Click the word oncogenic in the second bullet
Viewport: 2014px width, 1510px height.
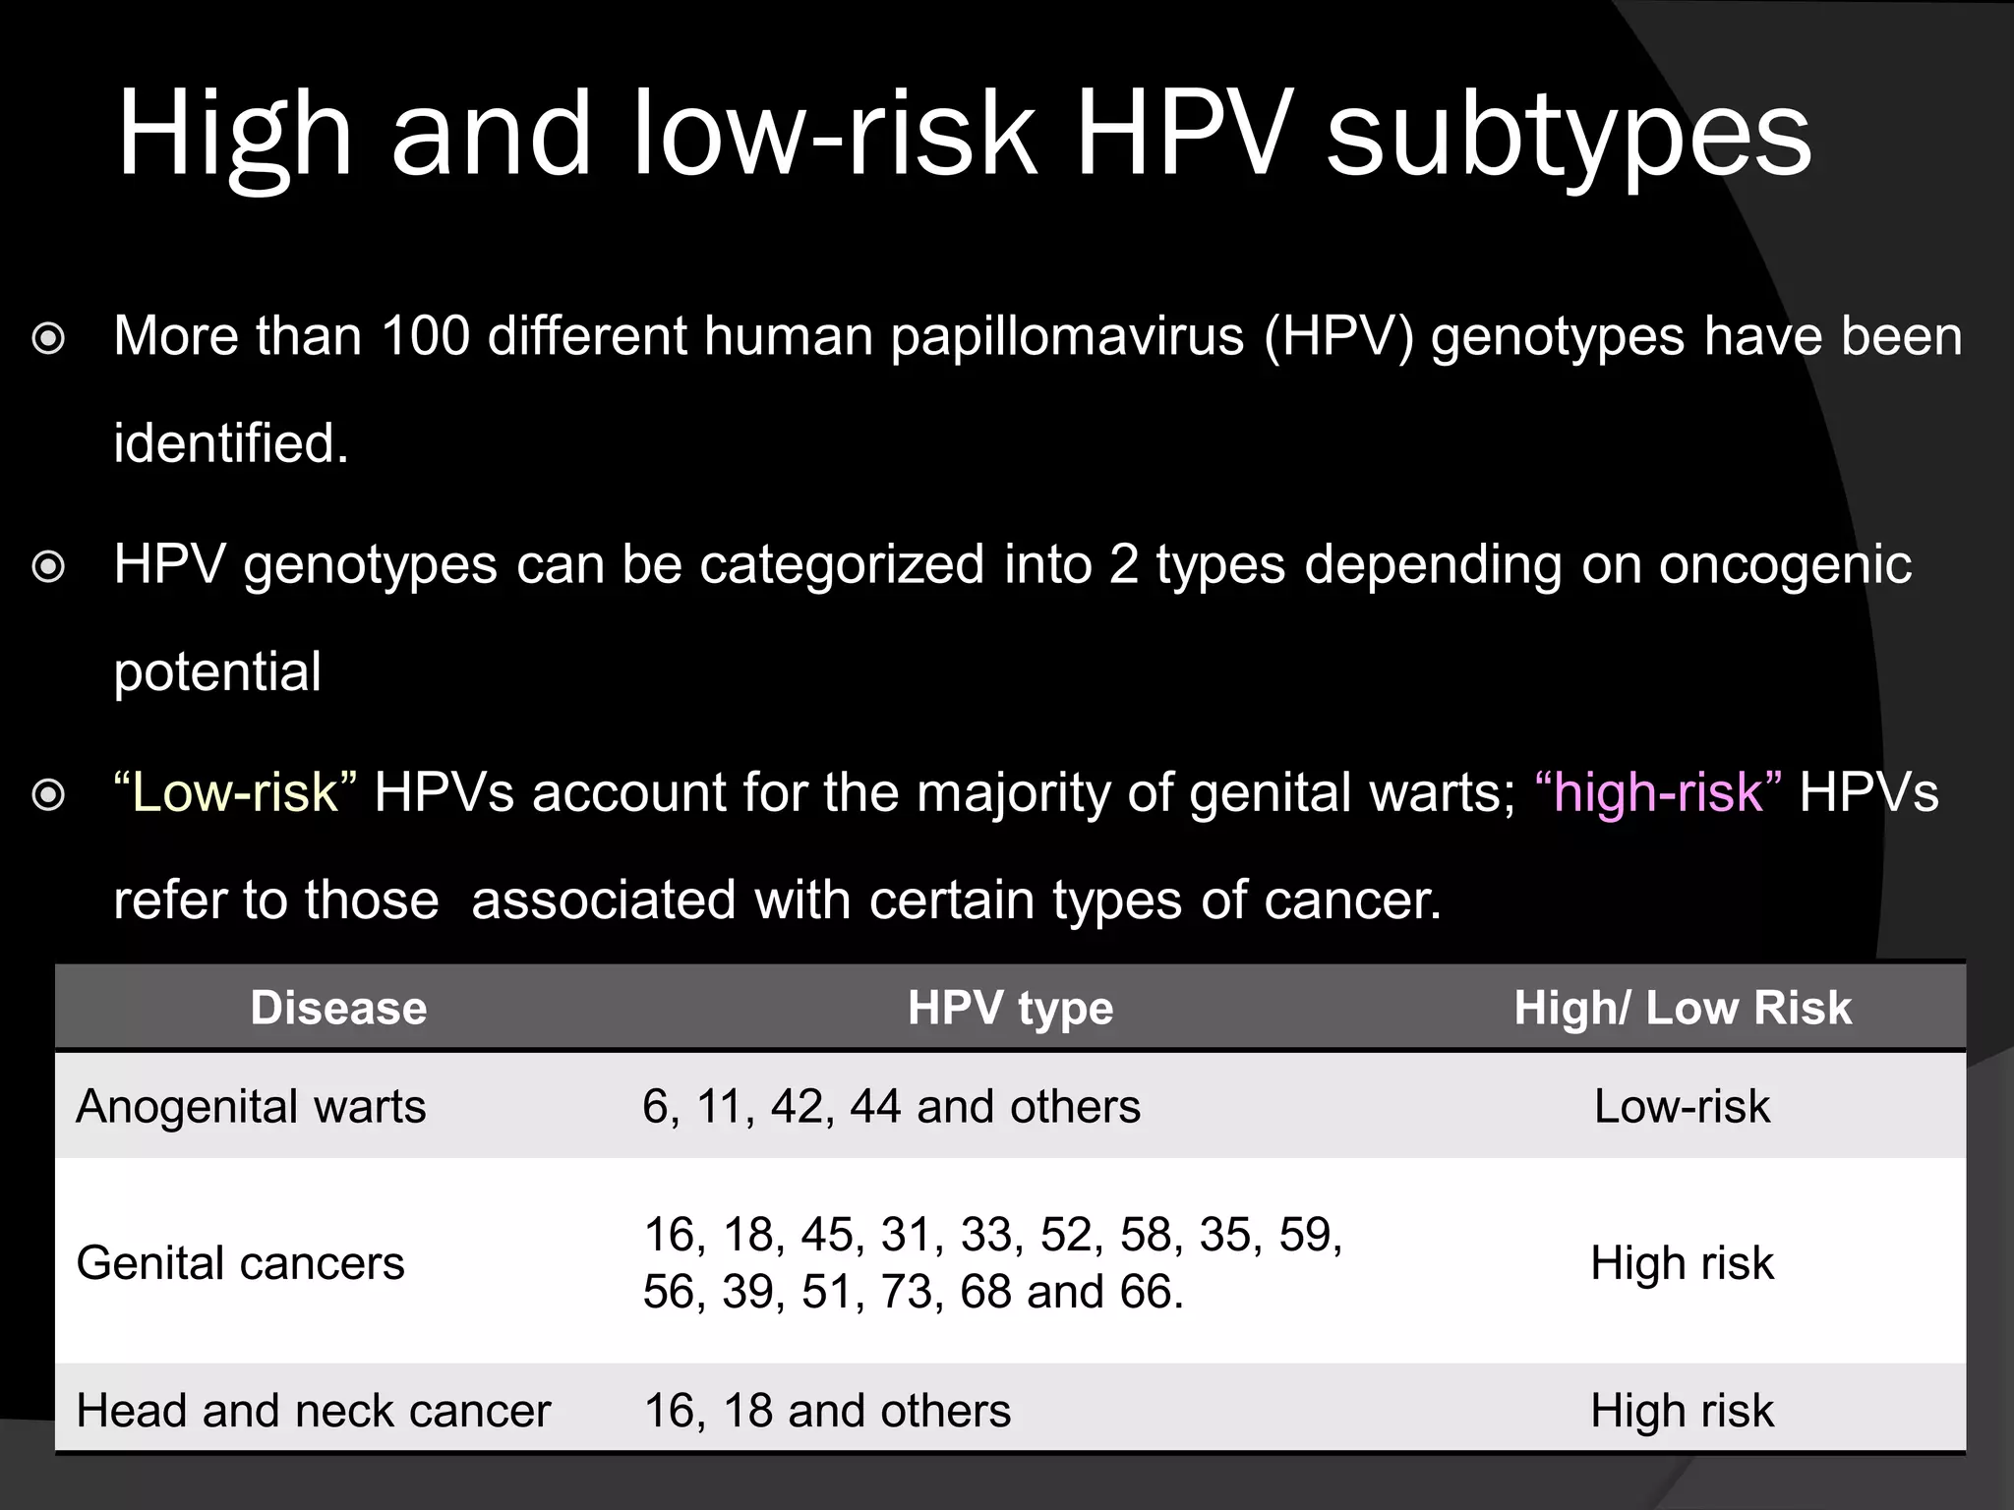1784,566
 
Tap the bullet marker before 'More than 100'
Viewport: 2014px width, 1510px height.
48,340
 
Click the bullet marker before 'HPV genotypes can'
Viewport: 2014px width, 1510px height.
48,567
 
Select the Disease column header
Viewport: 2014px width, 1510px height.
338,1008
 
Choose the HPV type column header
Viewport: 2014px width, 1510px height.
1010,1008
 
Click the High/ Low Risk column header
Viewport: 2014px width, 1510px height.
1682,1008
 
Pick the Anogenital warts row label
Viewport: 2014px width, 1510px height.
251,1107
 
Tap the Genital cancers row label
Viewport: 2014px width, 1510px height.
240,1263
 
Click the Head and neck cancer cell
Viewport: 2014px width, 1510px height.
313,1411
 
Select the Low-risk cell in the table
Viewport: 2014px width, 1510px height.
1682,1107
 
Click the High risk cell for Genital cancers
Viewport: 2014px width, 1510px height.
1682,1263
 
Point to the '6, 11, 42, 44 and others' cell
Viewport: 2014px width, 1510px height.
891,1107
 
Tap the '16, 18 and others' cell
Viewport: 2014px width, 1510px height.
827,1411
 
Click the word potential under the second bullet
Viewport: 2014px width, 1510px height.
217,673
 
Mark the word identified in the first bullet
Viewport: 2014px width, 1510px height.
231,443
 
